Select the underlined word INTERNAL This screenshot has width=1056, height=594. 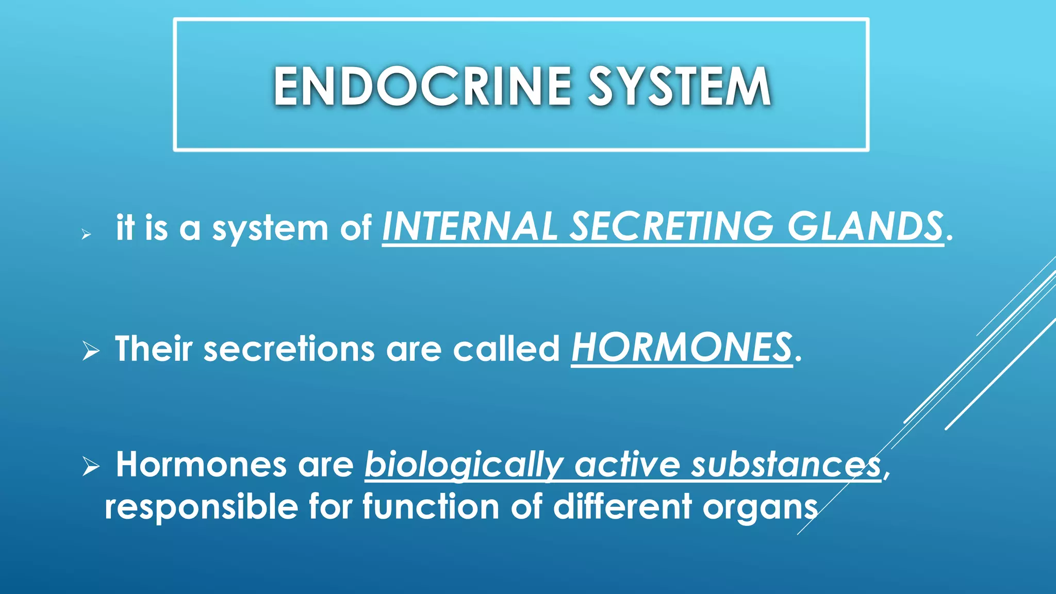(x=470, y=227)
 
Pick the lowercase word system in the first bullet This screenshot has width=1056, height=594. (x=270, y=229)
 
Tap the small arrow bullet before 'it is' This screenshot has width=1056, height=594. (x=86, y=235)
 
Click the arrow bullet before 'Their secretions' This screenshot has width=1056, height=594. (x=91, y=352)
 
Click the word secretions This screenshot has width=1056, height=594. (x=289, y=349)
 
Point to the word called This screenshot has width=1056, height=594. (x=506, y=349)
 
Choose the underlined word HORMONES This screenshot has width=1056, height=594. (x=681, y=348)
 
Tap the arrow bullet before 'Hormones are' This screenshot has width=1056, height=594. (x=91, y=467)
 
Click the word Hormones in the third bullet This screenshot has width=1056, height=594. (x=201, y=464)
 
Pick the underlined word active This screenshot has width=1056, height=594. (x=627, y=464)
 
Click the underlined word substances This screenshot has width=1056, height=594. (x=786, y=464)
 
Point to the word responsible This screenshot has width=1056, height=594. (x=201, y=507)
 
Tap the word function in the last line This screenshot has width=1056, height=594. (x=431, y=506)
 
